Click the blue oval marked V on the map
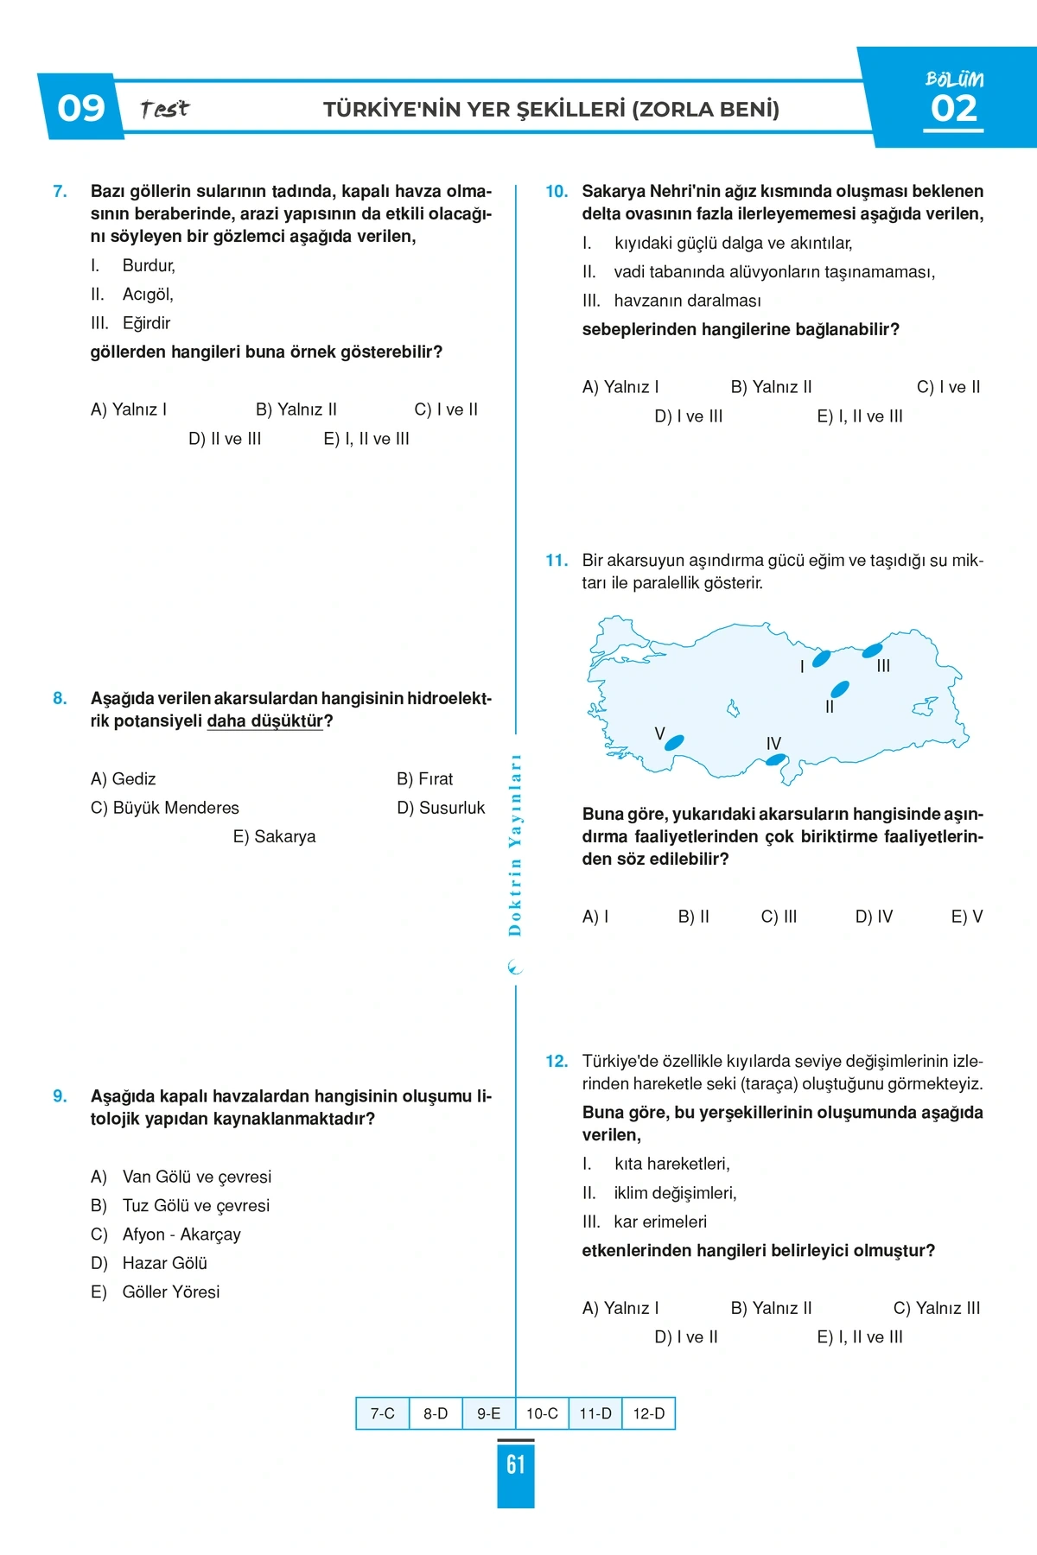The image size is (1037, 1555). [x=674, y=742]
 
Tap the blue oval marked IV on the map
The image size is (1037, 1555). [x=776, y=760]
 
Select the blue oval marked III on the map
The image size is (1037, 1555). [x=872, y=650]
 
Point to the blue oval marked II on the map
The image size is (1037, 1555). [x=839, y=689]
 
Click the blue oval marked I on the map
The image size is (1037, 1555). [x=821, y=658]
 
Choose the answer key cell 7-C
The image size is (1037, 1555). [x=383, y=1413]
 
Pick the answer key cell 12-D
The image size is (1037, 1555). [x=648, y=1413]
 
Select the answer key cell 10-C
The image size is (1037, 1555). [x=542, y=1413]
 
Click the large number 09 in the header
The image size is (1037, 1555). [x=80, y=108]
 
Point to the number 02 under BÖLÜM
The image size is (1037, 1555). [x=954, y=109]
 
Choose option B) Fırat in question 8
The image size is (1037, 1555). [x=424, y=779]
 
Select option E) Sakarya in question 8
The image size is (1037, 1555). [x=274, y=836]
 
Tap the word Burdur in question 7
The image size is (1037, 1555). [x=149, y=265]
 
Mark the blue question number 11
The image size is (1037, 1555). [x=557, y=561]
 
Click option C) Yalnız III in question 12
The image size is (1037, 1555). [x=937, y=1308]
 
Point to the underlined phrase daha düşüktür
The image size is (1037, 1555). [x=264, y=721]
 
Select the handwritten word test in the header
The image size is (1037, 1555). [x=164, y=109]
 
